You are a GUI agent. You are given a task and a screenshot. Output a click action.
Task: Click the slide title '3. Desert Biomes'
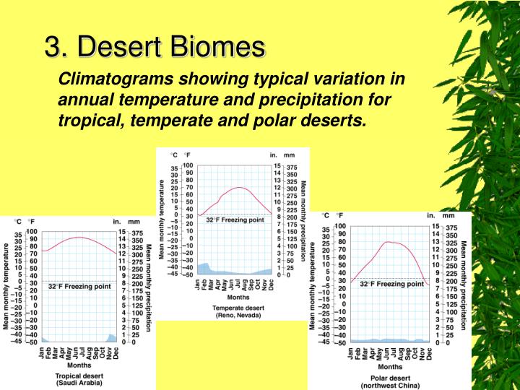[x=155, y=48]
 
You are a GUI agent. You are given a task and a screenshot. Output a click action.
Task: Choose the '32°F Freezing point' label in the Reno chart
[x=235, y=220]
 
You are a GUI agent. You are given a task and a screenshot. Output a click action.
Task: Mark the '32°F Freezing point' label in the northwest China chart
[x=391, y=284]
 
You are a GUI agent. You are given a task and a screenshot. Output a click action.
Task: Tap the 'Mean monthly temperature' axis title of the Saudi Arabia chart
[x=6, y=286]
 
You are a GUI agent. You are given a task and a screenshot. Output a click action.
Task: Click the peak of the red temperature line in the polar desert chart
[x=389, y=242]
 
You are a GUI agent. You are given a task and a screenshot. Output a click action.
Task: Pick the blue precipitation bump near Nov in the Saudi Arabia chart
[x=110, y=337]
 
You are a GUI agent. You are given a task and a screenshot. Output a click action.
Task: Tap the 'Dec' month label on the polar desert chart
[x=428, y=353]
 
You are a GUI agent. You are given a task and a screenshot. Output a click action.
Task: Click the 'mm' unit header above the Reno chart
[x=290, y=155]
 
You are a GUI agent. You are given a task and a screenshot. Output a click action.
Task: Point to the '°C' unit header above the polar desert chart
[x=326, y=215]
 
